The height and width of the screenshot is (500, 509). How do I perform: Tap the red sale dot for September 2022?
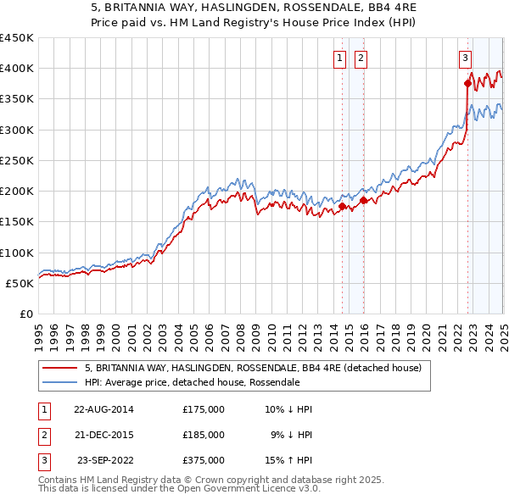467,83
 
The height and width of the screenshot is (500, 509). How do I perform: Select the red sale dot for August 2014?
342,206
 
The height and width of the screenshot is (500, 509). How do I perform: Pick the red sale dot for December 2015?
363,200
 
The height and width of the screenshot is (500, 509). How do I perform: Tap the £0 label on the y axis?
25,314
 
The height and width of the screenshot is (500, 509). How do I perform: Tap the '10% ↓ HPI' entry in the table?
288,409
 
